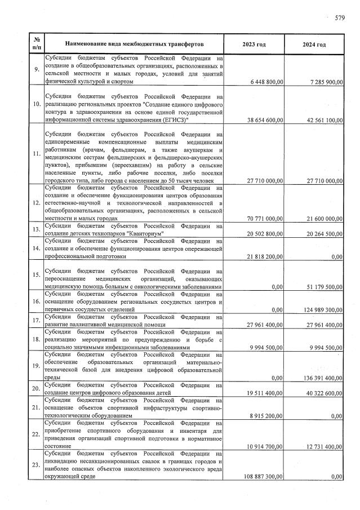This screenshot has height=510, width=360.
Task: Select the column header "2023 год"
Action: pos(254,44)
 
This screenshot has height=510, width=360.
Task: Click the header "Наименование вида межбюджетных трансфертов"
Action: pos(134,44)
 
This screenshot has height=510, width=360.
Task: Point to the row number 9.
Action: pos(36,70)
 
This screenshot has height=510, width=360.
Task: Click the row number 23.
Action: pos(36,465)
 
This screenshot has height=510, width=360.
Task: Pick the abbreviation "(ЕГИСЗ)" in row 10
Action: pos(176,120)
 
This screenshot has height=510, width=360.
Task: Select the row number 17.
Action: pos(36,321)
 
